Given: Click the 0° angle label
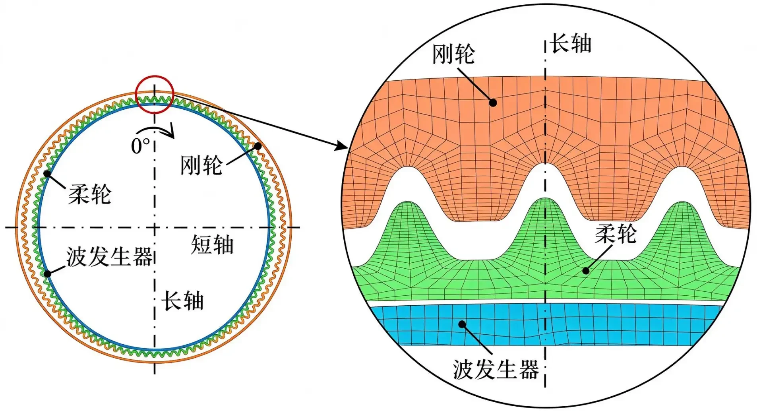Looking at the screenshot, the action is [x=141, y=146].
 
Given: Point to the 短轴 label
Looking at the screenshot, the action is [x=212, y=244].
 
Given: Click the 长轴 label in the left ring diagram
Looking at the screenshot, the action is [x=182, y=300].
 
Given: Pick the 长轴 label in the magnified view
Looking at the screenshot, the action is [x=571, y=43].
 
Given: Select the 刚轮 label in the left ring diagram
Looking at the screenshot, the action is [x=201, y=165].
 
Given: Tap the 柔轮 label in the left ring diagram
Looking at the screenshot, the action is [x=90, y=194].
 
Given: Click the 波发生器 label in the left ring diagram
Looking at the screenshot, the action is [x=109, y=256].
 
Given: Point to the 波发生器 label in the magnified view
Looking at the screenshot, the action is [x=496, y=370].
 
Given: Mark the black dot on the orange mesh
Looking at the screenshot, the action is [x=493, y=103].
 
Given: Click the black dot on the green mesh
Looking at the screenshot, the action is [x=586, y=271].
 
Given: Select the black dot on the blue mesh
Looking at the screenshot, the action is [x=462, y=324].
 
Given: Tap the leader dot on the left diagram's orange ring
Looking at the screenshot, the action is [x=258, y=146].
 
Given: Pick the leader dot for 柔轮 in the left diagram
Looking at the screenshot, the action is [x=47, y=174].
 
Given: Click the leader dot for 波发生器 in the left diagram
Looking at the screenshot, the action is [x=47, y=273].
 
